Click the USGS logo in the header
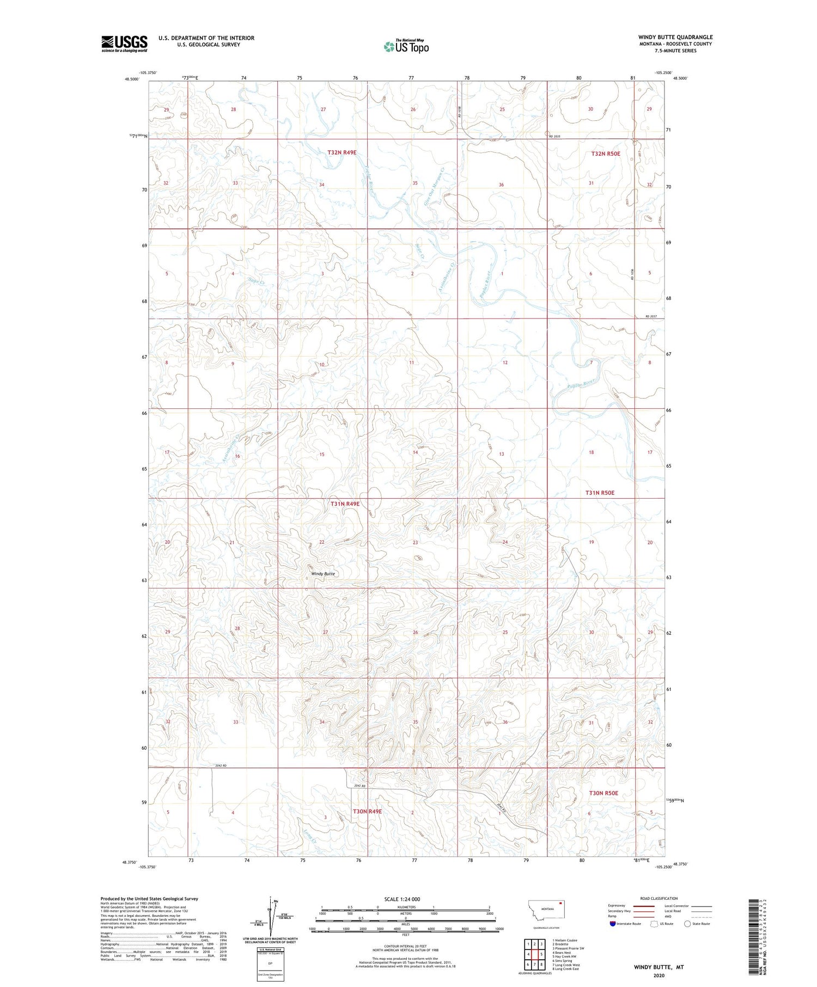124,43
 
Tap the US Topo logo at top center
406,46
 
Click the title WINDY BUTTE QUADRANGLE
675,37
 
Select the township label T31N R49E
345,504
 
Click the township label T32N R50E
606,154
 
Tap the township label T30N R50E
603,793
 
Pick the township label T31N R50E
600,493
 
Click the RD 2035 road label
554,136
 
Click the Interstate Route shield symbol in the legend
612,924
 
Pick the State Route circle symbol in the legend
687,924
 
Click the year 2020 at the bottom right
659,975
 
